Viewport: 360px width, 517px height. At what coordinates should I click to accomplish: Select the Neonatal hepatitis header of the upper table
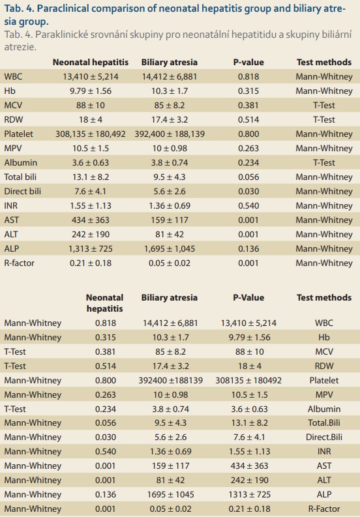pos(91,62)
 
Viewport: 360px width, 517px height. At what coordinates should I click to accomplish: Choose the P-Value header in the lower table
pos(248,297)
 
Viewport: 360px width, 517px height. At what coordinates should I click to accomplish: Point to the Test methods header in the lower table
pos(324,297)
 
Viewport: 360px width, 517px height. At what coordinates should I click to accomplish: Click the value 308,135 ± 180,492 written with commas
pos(91,134)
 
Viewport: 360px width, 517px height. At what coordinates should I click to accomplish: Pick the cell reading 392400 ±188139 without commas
pos(171,380)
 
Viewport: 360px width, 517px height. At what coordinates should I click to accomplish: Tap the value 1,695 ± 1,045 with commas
pos(170,248)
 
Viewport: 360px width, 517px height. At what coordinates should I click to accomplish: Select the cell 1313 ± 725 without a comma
pos(250,494)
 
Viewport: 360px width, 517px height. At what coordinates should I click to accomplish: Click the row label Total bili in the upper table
pos(20,177)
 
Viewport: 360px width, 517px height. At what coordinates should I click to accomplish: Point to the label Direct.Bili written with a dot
pos(324,437)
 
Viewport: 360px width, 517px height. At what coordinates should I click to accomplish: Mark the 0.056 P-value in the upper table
pos(248,177)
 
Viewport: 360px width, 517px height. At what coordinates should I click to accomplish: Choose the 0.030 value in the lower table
pos(106,437)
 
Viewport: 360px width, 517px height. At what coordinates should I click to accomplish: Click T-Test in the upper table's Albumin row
pos(324,162)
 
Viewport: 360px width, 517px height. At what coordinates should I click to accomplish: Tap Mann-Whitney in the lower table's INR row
pos(33,451)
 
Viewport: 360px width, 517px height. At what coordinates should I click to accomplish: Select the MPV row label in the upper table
pos(13,149)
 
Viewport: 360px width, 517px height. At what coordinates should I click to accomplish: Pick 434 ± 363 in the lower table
pos(250,466)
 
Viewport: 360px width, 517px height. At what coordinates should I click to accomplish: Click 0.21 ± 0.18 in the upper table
pos(91,263)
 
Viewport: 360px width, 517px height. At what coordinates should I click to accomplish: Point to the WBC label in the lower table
pos(324,323)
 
